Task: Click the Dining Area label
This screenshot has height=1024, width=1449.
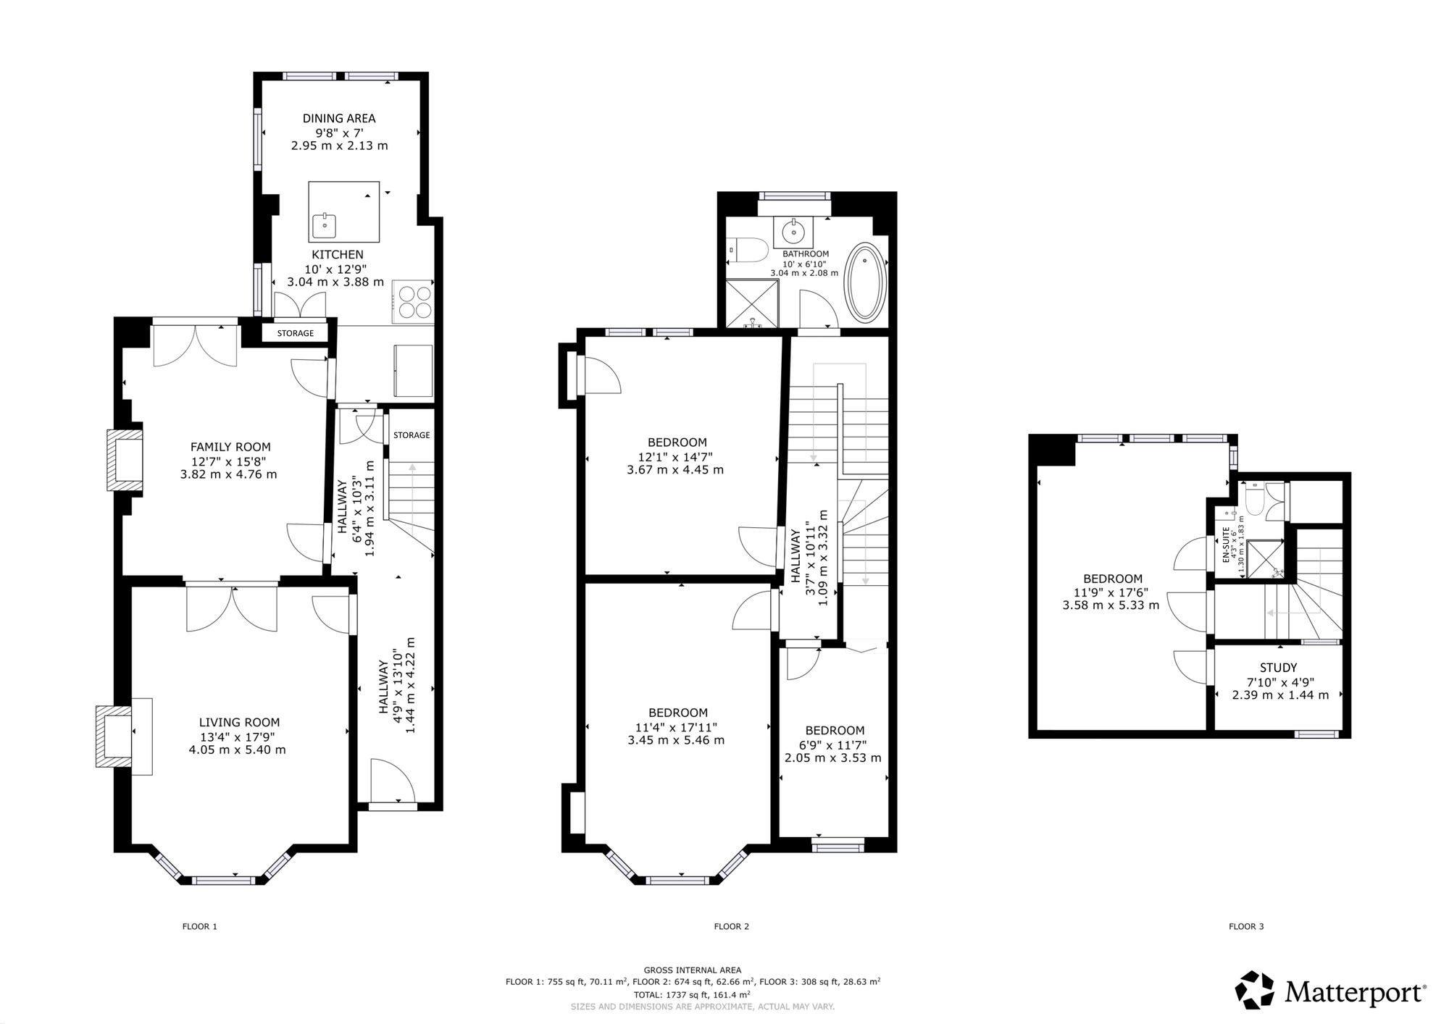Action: pyautogui.click(x=339, y=118)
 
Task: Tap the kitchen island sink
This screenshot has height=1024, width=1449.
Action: pyautogui.click(x=324, y=226)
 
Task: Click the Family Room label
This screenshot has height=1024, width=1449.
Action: pyautogui.click(x=230, y=447)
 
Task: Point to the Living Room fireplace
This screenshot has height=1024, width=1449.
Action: pyautogui.click(x=114, y=736)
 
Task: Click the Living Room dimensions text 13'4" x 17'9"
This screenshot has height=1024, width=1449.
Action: pyautogui.click(x=239, y=736)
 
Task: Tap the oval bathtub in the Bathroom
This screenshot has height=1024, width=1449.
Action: pyautogui.click(x=866, y=283)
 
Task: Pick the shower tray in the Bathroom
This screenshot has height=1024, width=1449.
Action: pyautogui.click(x=751, y=303)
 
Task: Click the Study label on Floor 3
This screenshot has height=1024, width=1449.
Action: pyautogui.click(x=1279, y=668)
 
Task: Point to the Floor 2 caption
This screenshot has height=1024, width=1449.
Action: pyautogui.click(x=732, y=926)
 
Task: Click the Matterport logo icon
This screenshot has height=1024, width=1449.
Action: pyautogui.click(x=1255, y=990)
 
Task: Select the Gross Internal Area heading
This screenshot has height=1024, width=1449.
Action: pyautogui.click(x=693, y=970)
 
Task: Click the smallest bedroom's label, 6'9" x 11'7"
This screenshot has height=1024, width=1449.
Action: pyautogui.click(x=834, y=745)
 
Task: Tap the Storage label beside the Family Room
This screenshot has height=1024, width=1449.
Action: pyautogui.click(x=296, y=333)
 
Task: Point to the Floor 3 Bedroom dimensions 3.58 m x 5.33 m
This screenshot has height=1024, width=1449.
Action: pyautogui.click(x=1111, y=605)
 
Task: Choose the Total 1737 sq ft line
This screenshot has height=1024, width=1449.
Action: pyautogui.click(x=693, y=994)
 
